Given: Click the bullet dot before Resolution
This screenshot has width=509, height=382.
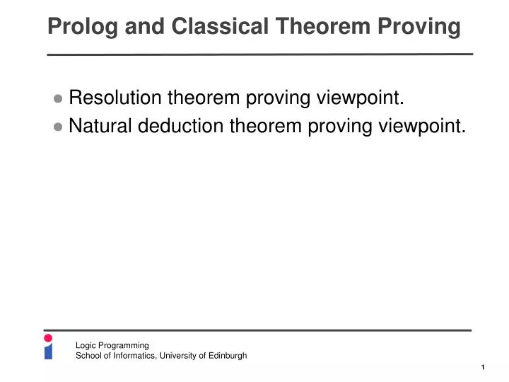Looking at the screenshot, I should pyautogui.click(x=58, y=99).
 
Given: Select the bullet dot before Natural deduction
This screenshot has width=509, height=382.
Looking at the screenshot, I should pyautogui.click(x=58, y=127).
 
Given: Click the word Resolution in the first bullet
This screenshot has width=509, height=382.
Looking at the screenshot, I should pyautogui.click(x=116, y=98).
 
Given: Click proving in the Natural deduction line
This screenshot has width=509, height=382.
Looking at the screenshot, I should pyautogui.click(x=339, y=126).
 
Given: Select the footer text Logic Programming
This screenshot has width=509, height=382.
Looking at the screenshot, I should pyautogui.click(x=112, y=345).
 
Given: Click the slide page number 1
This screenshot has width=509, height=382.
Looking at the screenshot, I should pyautogui.click(x=482, y=367).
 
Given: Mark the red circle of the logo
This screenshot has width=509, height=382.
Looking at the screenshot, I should pyautogui.click(x=48, y=338).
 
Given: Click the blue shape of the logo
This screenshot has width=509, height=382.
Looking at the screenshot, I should pyautogui.click(x=48, y=352).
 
